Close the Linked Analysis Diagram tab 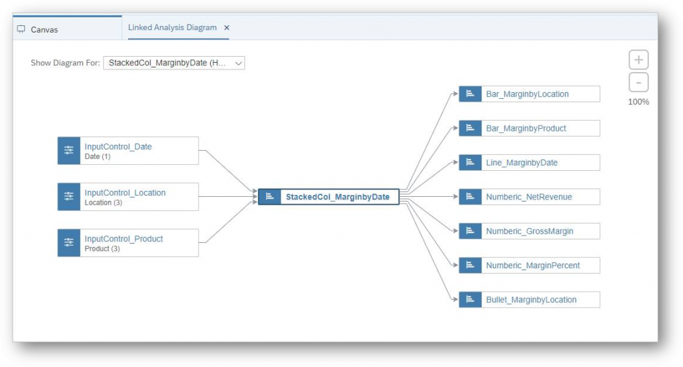(x=227, y=27)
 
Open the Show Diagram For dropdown (x=174, y=63)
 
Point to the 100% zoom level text (x=638, y=101)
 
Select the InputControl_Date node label (x=118, y=146)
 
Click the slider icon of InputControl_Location (x=69, y=197)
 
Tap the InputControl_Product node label (x=123, y=239)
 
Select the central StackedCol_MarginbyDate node (x=329, y=197)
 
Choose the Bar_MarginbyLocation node (x=529, y=93)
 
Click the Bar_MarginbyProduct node (x=529, y=128)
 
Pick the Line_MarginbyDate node (x=529, y=163)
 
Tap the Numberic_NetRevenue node (x=529, y=197)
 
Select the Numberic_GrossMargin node (x=529, y=231)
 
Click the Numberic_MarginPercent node (x=529, y=266)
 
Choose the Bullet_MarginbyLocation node (x=529, y=300)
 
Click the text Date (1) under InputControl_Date (x=97, y=157)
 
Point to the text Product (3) (x=102, y=248)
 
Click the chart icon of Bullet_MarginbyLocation (x=470, y=300)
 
